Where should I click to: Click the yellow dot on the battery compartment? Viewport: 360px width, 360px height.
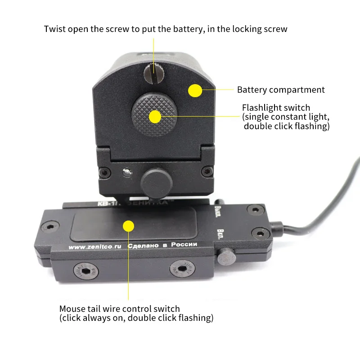(194, 90)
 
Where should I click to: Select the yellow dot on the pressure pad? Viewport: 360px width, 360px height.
(129, 225)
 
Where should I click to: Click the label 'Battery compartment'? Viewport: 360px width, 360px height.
(281, 90)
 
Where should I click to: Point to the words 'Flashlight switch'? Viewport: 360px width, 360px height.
(276, 108)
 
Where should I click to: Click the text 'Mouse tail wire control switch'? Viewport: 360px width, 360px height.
(120, 309)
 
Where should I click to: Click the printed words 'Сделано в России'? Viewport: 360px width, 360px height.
(162, 245)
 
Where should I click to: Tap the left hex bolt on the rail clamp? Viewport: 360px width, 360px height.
(84, 270)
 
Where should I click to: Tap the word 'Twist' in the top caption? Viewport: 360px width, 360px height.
(54, 29)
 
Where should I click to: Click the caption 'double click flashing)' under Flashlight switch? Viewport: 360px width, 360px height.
(287, 126)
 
